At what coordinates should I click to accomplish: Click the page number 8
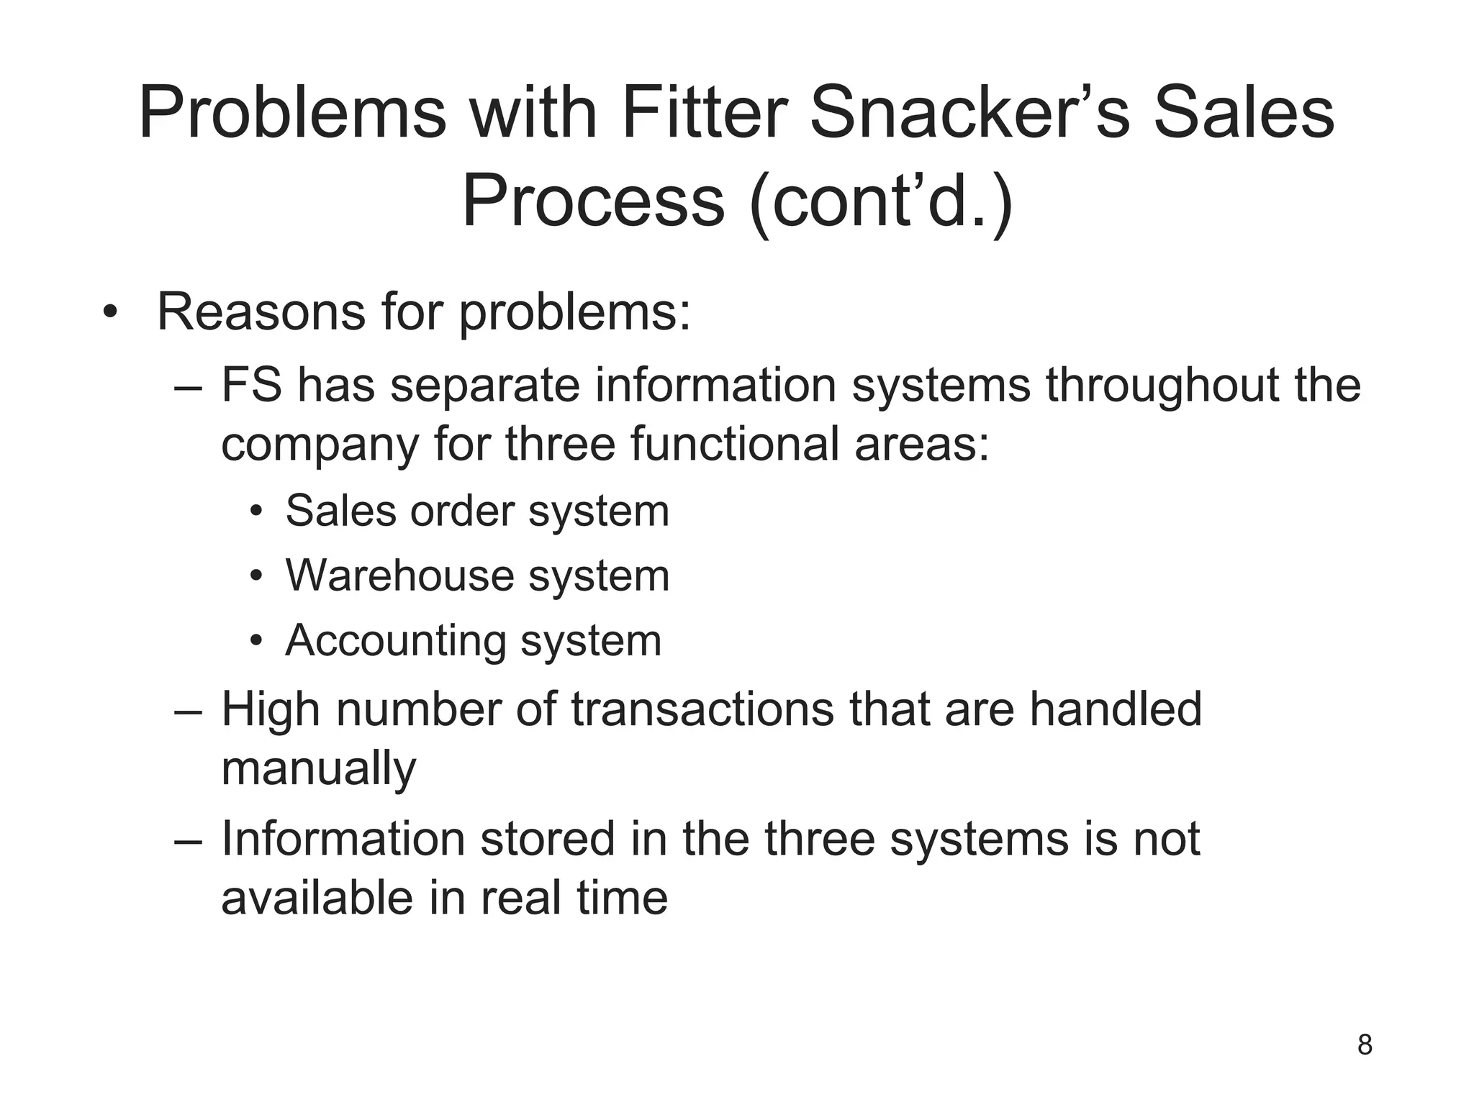[x=1365, y=1045]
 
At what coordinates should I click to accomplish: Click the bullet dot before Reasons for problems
[x=109, y=314]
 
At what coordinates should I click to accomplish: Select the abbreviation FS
[x=251, y=385]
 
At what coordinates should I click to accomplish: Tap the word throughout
[x=1162, y=385]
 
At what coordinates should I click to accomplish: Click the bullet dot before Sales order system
[x=256, y=513]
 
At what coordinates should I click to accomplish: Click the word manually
[x=318, y=769]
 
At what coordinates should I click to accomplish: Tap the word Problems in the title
[x=292, y=114]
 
